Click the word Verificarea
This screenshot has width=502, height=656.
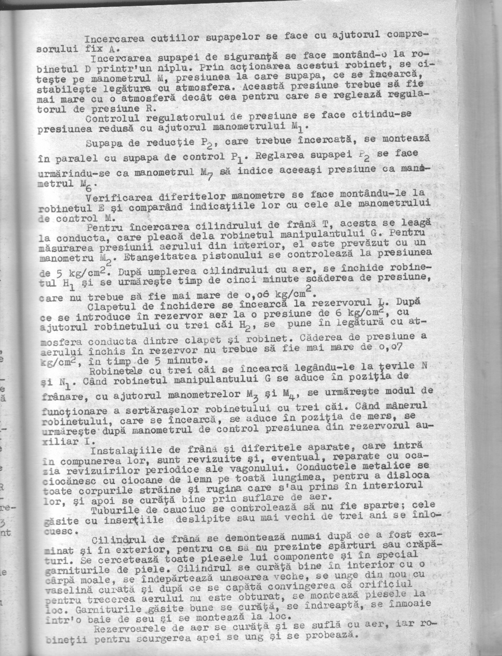[x=116, y=196]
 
